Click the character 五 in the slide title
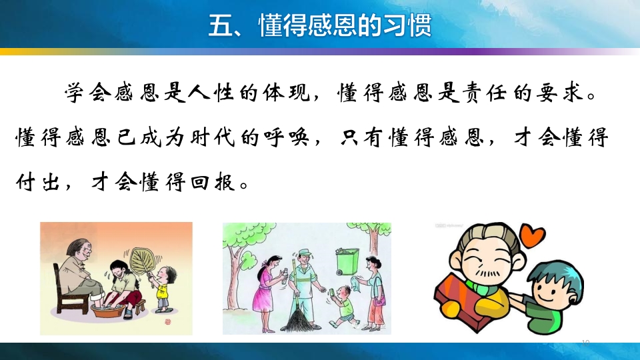219,25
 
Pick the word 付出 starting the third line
37,182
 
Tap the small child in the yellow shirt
163,290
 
